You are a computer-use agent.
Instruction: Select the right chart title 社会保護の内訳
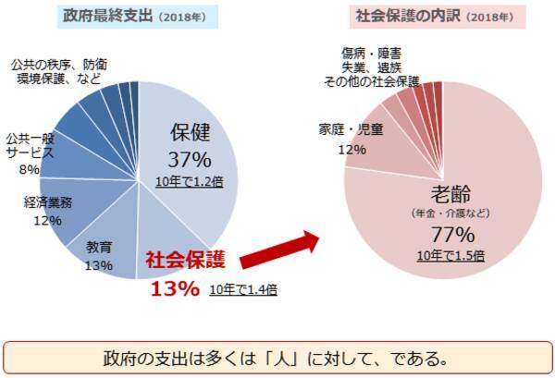[400, 17]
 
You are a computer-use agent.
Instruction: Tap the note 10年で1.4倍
[244, 289]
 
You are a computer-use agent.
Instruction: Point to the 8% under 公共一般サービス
[30, 170]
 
